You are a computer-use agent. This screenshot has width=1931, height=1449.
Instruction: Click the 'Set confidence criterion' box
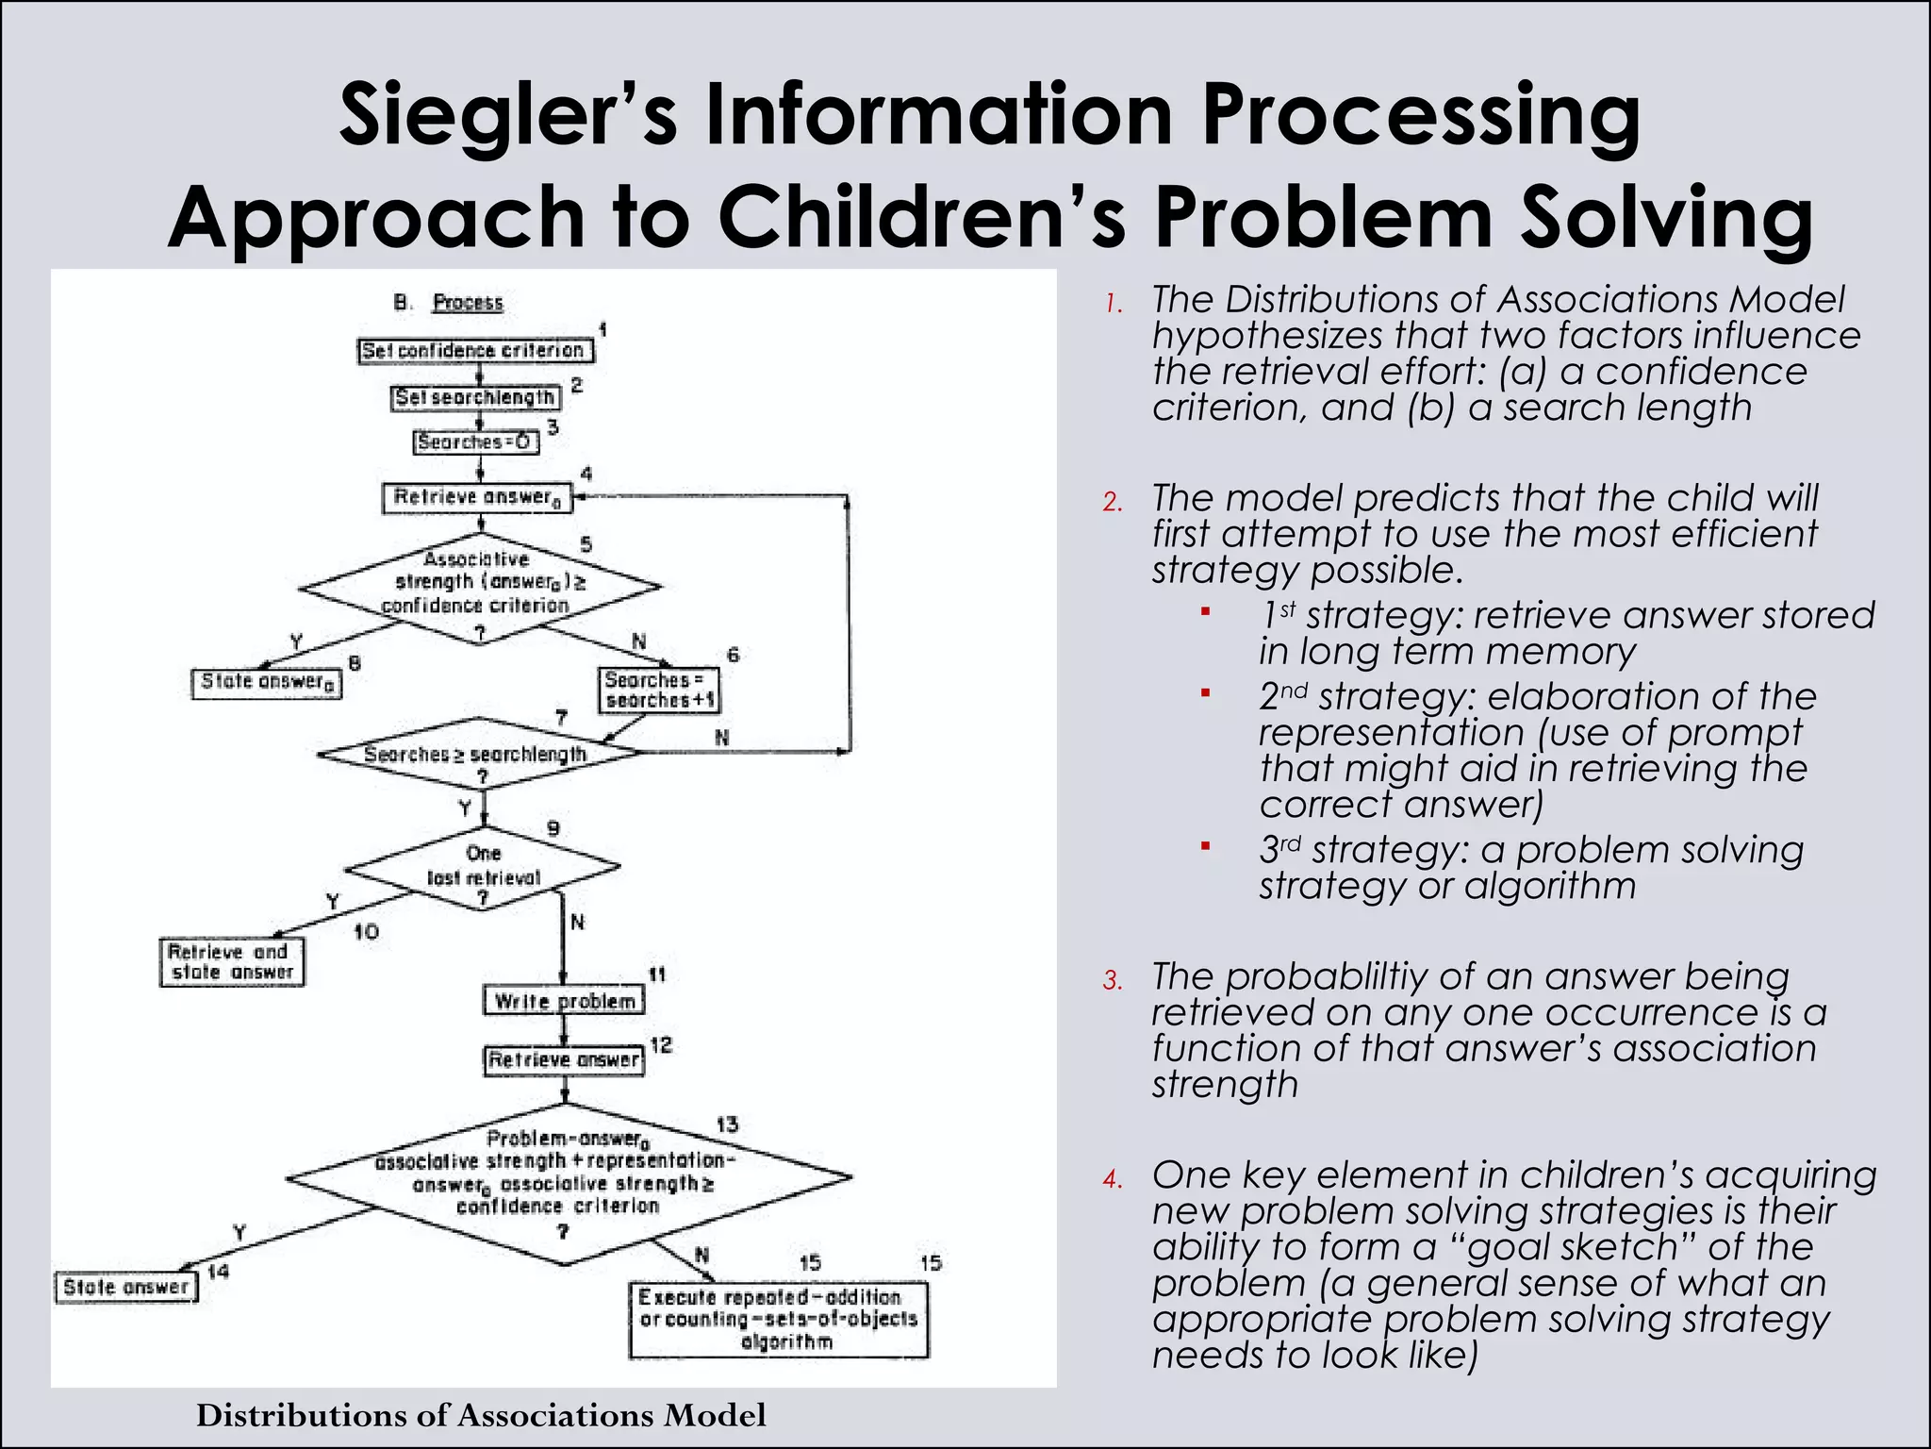[x=475, y=351]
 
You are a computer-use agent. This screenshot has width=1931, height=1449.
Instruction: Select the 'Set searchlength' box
[x=474, y=398]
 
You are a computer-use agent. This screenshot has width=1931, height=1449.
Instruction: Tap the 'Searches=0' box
[x=476, y=442]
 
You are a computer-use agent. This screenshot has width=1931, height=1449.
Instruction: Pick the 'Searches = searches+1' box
[x=659, y=691]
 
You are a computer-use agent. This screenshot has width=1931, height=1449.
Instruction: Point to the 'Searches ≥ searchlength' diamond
[x=477, y=755]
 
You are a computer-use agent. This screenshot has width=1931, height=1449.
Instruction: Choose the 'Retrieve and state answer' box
[x=232, y=962]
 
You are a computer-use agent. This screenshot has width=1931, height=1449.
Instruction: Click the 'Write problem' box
[x=564, y=1001]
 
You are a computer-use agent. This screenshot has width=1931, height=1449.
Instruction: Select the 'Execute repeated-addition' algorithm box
[x=779, y=1319]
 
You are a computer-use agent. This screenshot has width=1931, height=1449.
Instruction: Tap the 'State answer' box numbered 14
[x=126, y=1288]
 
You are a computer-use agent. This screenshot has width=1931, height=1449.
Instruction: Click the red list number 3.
[x=1113, y=982]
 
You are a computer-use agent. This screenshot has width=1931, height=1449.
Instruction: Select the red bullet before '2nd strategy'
[x=1205, y=694]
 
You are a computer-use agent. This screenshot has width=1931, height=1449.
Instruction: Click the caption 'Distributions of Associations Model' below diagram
[x=481, y=1415]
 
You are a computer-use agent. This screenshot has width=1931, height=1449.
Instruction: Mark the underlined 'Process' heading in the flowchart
[x=468, y=303]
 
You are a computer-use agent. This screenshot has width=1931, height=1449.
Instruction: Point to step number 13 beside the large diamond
[x=727, y=1124]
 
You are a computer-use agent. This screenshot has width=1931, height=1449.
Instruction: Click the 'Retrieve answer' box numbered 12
[x=564, y=1060]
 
